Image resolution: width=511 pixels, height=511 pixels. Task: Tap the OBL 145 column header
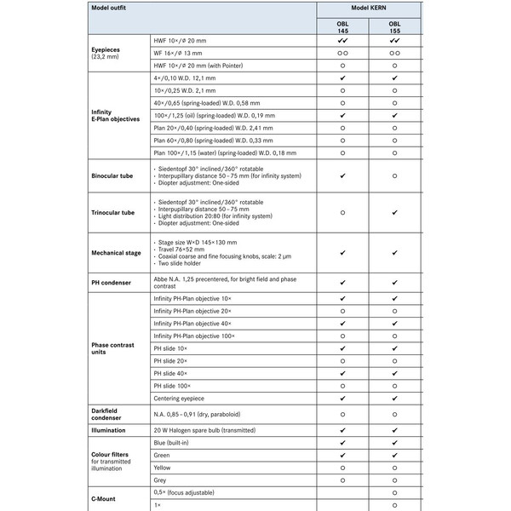[x=342, y=26]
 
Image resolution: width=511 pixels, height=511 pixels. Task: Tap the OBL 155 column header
[x=394, y=26]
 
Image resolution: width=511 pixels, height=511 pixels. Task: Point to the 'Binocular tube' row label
[x=112, y=176]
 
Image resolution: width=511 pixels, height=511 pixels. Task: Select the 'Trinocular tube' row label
[x=112, y=213]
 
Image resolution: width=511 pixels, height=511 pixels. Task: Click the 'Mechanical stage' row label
[x=116, y=253]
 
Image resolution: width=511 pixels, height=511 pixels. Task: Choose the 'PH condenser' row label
[x=112, y=282]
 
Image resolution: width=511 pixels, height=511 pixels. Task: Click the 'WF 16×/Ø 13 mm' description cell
[x=187, y=53]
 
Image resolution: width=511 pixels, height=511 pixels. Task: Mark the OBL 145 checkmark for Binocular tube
[x=342, y=176]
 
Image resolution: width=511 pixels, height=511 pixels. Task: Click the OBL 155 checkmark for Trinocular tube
[x=394, y=213]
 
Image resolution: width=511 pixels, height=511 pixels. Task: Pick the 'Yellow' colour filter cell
[x=162, y=468]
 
